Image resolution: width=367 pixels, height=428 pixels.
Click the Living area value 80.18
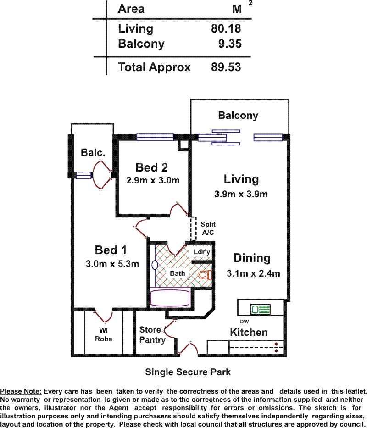click(226, 28)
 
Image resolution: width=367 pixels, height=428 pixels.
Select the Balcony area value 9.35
click(230, 44)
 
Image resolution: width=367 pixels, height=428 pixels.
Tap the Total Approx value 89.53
click(226, 67)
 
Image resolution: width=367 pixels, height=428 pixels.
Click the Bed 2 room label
click(152, 167)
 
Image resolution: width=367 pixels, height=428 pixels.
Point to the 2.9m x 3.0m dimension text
click(153, 180)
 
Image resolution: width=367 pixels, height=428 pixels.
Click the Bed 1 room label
click(111, 250)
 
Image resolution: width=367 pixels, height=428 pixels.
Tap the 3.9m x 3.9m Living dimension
click(241, 194)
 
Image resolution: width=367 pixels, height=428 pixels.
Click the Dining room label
click(252, 258)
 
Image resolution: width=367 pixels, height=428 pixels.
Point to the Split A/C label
click(208, 228)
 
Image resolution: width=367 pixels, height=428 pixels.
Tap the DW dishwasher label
click(244, 322)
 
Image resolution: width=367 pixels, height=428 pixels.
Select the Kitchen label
click(249, 332)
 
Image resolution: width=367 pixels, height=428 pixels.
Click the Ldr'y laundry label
click(201, 252)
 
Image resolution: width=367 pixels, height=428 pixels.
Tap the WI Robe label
click(103, 334)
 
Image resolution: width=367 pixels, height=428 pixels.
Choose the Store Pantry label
click(152, 334)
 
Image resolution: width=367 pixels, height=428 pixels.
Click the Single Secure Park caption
click(188, 372)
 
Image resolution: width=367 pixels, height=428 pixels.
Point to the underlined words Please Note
click(21, 391)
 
